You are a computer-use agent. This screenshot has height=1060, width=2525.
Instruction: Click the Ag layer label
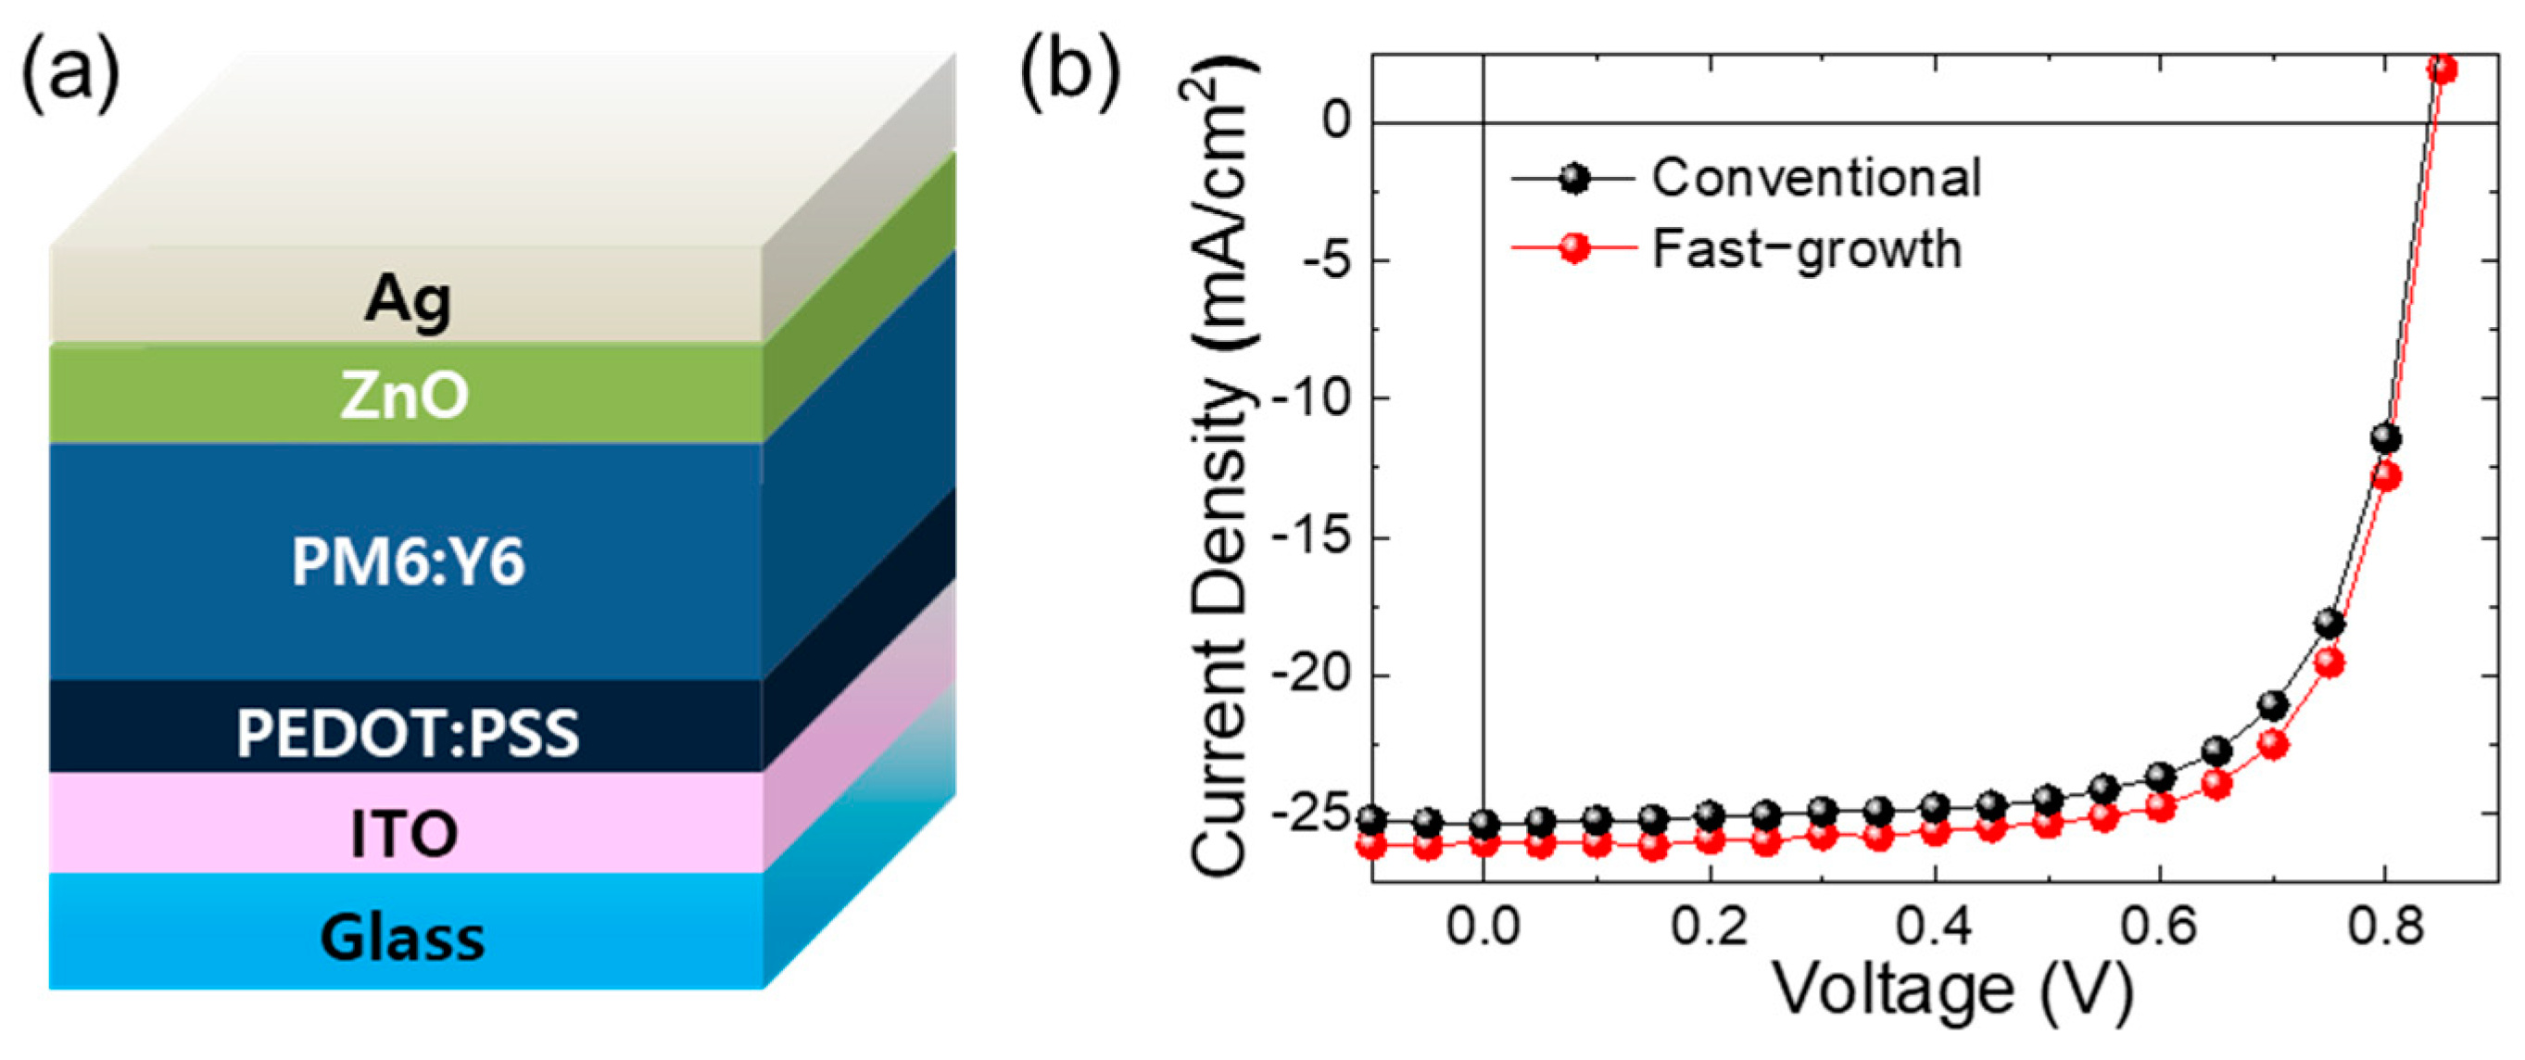click(x=408, y=300)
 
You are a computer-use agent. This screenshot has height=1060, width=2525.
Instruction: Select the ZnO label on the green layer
click(x=405, y=397)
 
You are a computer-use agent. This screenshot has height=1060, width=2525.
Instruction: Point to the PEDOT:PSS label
click(x=408, y=734)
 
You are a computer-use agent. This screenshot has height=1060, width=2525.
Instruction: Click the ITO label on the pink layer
click(x=404, y=835)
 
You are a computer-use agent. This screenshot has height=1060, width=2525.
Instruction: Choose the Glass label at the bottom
click(x=402, y=939)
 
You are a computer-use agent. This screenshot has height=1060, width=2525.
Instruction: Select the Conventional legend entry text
click(x=1816, y=179)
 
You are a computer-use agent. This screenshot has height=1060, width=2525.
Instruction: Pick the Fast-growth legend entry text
click(x=1807, y=249)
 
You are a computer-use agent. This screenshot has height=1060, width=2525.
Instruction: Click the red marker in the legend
click(x=1574, y=248)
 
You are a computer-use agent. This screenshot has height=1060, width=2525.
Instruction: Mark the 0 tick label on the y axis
click(x=1336, y=121)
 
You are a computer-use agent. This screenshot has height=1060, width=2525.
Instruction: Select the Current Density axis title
click(x=1220, y=471)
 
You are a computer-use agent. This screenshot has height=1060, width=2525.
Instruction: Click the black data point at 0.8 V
click(x=2385, y=438)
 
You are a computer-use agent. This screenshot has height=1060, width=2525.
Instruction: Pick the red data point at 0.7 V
click(x=2273, y=745)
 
